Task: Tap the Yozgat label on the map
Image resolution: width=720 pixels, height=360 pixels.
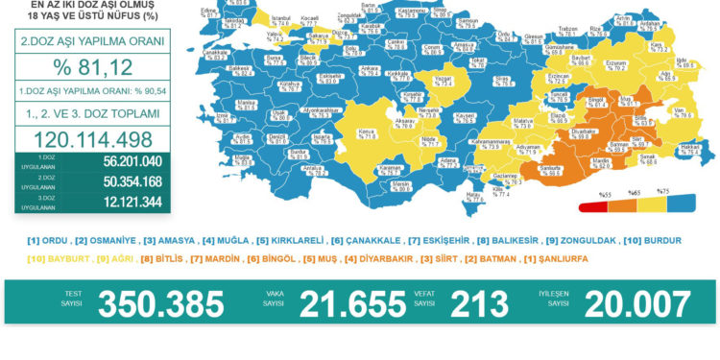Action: tap(444, 81)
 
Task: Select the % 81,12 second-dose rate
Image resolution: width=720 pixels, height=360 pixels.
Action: tap(93, 69)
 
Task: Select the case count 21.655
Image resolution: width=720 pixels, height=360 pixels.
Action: tap(351, 302)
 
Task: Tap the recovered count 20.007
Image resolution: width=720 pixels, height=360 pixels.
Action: tap(629, 302)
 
